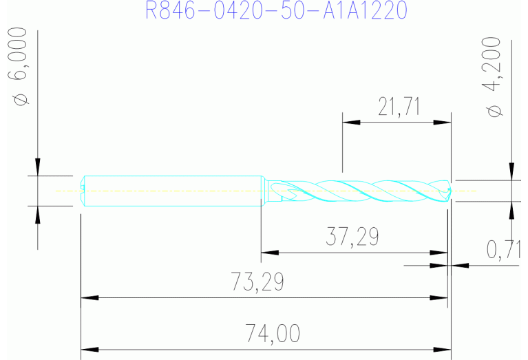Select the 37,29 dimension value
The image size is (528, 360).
[x=352, y=237]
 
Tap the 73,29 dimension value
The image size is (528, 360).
[x=257, y=282]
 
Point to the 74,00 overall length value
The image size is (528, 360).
[x=273, y=334]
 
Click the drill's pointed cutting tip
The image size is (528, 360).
[x=450, y=191]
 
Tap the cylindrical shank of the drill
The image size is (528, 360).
[x=172, y=190]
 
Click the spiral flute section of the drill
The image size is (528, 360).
[x=358, y=190]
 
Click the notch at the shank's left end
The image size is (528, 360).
[x=83, y=190]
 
